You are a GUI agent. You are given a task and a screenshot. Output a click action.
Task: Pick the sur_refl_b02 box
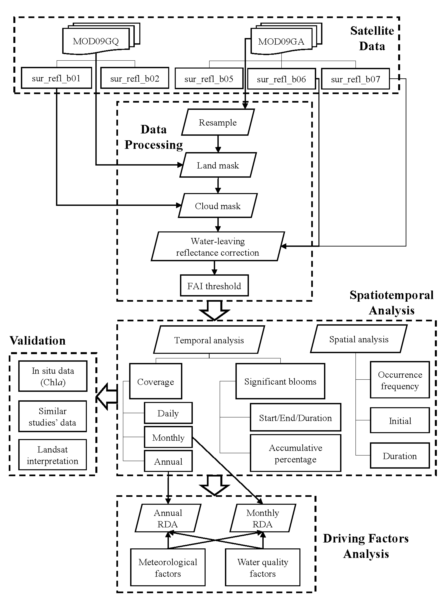pos(135,78)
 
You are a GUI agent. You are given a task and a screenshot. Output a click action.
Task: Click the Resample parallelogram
pos(218,122)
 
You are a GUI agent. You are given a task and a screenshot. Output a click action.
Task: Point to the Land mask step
pos(218,165)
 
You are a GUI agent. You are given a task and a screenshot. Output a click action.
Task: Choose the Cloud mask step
pos(218,206)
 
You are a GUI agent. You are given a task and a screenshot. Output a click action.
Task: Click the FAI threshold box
pos(214,286)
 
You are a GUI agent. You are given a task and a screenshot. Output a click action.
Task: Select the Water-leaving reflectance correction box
pos(218,246)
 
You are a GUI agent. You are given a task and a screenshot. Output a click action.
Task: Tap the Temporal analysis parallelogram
pos(209,340)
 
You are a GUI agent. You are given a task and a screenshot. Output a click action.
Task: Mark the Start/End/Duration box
pos(295,418)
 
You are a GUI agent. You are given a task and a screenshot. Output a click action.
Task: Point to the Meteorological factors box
pos(168,568)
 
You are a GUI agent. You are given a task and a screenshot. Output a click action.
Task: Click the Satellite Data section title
pos(372,38)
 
